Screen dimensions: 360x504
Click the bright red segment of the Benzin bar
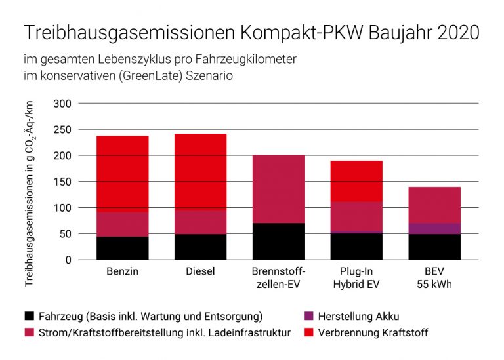click(x=122, y=174)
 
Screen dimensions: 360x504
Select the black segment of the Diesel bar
click(x=200, y=247)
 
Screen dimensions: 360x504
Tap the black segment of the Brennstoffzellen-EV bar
click(x=278, y=241)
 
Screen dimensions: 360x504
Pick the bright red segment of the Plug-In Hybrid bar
click(x=356, y=181)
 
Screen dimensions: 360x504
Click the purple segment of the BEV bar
click(x=434, y=229)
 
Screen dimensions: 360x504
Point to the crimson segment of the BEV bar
click(x=434, y=205)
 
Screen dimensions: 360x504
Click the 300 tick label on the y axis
click(x=62, y=104)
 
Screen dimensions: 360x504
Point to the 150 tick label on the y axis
click(x=62, y=182)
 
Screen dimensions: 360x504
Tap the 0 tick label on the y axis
click(x=68, y=260)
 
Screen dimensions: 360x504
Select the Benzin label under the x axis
click(x=122, y=271)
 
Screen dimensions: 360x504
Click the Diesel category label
click(x=200, y=271)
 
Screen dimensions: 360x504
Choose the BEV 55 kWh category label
click(x=434, y=278)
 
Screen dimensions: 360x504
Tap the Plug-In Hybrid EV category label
click(x=356, y=278)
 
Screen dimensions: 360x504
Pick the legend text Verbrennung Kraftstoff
click(x=372, y=333)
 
